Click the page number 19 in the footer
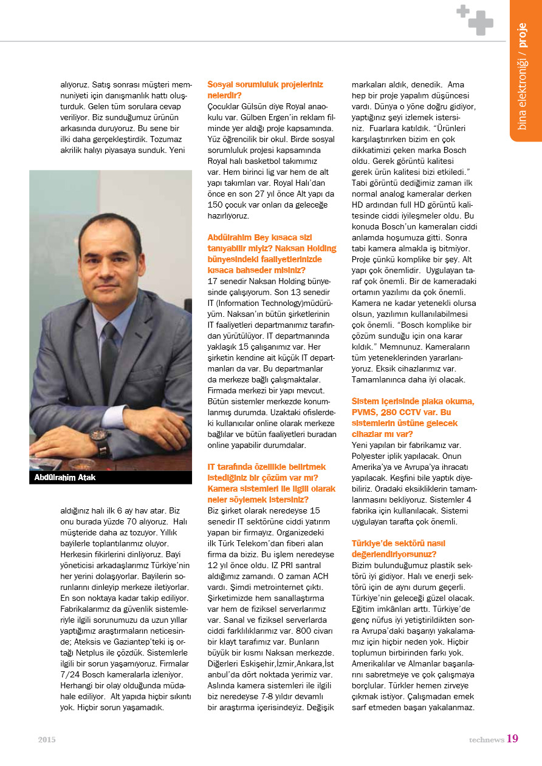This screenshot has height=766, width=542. (512, 738)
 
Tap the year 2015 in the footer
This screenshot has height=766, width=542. (47, 739)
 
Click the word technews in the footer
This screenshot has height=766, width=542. (486, 739)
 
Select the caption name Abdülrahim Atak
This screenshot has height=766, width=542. (65, 478)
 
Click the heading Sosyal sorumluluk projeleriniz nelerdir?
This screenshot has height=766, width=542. (266, 90)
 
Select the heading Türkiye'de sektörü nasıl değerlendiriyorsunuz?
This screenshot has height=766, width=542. (399, 549)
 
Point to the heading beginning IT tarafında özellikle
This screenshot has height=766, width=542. (271, 483)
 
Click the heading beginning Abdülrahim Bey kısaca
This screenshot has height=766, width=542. (272, 253)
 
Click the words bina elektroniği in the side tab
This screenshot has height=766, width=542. (523, 91)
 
